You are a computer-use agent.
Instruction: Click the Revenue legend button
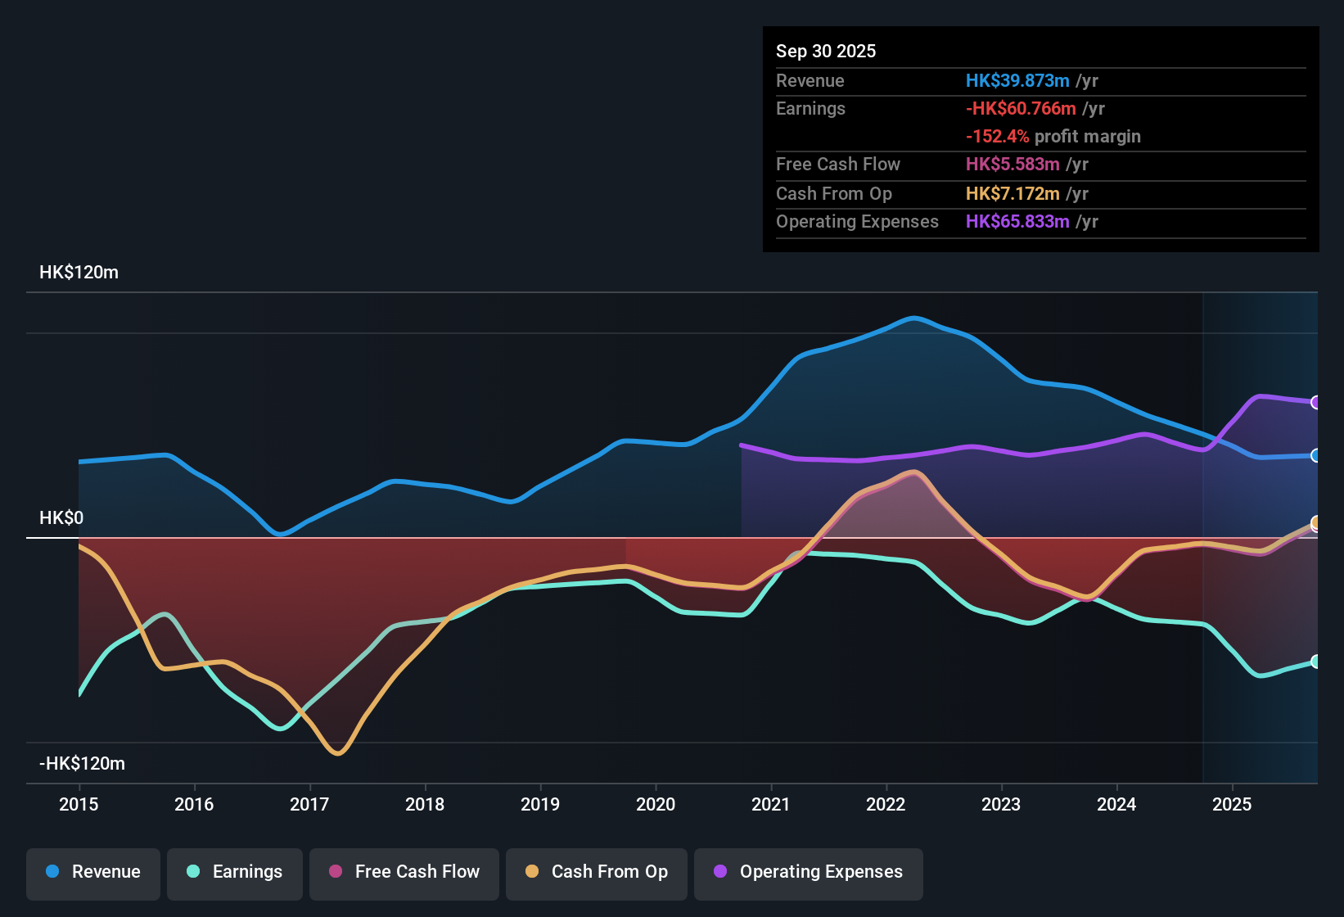pos(93,872)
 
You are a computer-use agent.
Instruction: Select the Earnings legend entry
pos(235,872)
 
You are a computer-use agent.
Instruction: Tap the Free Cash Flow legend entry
pos(404,872)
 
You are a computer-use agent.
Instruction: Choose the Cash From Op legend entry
pos(597,872)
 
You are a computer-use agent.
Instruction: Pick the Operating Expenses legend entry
pos(808,872)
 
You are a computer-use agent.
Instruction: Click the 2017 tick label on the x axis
pos(309,804)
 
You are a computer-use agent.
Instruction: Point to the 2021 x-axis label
pos(771,804)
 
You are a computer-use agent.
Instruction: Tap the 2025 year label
pos(1232,804)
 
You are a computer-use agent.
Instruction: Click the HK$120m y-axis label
pos(79,273)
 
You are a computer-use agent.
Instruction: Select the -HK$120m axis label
pos(82,764)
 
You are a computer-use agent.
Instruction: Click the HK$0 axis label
pos(61,518)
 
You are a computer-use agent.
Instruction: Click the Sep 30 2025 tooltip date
pos(826,51)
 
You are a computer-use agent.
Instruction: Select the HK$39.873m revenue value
pos(1017,80)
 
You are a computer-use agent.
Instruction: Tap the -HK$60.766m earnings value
pos(1021,108)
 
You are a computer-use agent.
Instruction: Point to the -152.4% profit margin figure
pos(997,136)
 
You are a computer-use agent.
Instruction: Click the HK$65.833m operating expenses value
pos(1017,221)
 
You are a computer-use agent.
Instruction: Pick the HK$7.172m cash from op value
pos(1013,193)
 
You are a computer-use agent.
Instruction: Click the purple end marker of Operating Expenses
pos(1315,402)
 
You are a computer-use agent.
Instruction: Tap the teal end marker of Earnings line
pos(1315,662)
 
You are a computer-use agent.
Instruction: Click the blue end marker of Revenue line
pos(1315,455)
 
